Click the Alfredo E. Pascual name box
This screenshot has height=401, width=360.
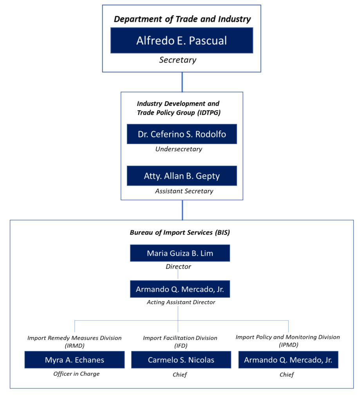[x=182, y=40]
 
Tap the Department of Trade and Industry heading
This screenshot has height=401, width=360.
[x=182, y=19]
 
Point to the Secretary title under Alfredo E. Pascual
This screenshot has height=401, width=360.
[x=178, y=60]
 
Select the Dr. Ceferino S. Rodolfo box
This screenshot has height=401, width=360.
[x=182, y=134]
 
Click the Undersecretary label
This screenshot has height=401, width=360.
[x=179, y=149]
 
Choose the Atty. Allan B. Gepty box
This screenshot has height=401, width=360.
[x=182, y=176]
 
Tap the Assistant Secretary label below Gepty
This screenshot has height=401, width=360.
[x=184, y=191]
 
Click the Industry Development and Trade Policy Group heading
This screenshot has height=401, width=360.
[x=179, y=108]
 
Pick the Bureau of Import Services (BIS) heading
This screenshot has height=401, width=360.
[x=180, y=233]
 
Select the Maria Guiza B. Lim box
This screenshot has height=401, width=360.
[x=180, y=253]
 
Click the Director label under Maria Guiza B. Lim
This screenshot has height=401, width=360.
[x=178, y=267]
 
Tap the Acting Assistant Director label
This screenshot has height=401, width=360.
[x=181, y=302]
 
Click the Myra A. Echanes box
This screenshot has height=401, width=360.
[x=74, y=360]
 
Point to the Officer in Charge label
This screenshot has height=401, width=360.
[x=76, y=374]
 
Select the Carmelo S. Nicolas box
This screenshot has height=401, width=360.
[x=181, y=360]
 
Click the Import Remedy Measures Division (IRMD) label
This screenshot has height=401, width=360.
[x=74, y=341]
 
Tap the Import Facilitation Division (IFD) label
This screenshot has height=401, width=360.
[x=180, y=341]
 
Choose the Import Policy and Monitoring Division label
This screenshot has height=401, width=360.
[x=288, y=341]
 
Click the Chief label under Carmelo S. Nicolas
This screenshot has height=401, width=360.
[x=180, y=375]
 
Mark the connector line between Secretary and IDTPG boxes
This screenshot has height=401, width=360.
[x=182, y=82]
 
